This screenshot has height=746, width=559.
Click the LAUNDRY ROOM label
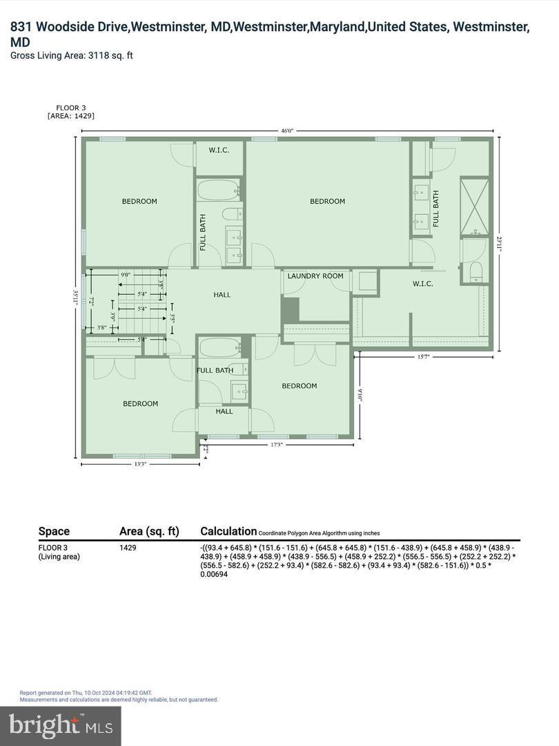(x=315, y=276)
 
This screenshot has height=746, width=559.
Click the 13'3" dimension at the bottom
(x=140, y=464)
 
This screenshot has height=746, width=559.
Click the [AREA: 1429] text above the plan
(x=71, y=116)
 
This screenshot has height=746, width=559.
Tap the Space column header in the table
(x=54, y=531)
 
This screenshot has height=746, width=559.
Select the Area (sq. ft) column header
(x=149, y=531)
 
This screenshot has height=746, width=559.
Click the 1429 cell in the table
(x=128, y=548)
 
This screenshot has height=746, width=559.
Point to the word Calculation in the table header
(x=228, y=531)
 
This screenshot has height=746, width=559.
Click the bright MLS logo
(x=60, y=725)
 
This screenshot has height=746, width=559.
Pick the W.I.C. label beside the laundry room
(x=422, y=284)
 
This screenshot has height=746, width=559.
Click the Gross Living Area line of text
(x=72, y=55)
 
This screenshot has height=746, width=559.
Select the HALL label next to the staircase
(x=222, y=295)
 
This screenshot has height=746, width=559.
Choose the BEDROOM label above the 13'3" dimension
(x=141, y=404)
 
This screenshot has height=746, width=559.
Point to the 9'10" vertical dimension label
(x=360, y=395)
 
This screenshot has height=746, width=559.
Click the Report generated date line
(x=86, y=692)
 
